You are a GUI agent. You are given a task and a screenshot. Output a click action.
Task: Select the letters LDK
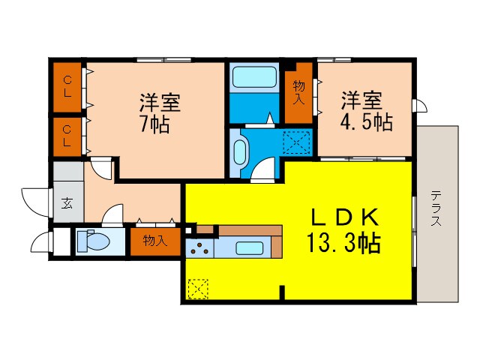click(348, 217)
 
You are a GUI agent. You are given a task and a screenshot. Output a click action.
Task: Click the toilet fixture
click(93, 242)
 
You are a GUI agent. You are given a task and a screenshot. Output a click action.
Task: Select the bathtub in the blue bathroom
click(254, 78)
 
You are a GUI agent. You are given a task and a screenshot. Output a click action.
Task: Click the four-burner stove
click(199, 248)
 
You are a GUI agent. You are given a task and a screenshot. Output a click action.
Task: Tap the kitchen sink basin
click(248, 248)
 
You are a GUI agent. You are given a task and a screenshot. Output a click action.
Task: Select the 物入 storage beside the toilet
click(155, 242)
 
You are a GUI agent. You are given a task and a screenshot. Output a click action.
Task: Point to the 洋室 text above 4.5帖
click(362, 100)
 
